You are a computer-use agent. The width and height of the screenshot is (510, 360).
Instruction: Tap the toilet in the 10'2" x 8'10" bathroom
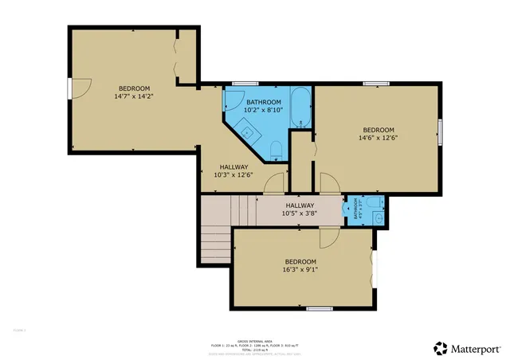276,149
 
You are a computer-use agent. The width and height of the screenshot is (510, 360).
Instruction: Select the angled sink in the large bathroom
249,131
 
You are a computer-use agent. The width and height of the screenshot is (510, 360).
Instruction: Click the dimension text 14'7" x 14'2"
133,96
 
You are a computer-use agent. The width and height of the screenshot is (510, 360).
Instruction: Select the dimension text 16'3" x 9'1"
300,270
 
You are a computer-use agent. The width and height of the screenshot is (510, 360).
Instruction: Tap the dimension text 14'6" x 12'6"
378,138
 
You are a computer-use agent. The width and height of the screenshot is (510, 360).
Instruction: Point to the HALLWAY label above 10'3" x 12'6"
234,166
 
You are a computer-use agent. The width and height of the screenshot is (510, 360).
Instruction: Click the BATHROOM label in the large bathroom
263,103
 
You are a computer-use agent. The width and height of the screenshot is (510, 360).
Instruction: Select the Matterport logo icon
440,347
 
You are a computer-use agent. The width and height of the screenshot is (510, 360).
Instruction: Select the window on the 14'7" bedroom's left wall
69,88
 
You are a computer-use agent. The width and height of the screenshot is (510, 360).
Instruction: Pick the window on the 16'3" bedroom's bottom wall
319,308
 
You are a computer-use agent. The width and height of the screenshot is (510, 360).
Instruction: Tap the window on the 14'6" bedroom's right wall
439,131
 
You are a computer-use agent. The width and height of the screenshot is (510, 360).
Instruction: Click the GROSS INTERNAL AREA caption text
254,338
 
